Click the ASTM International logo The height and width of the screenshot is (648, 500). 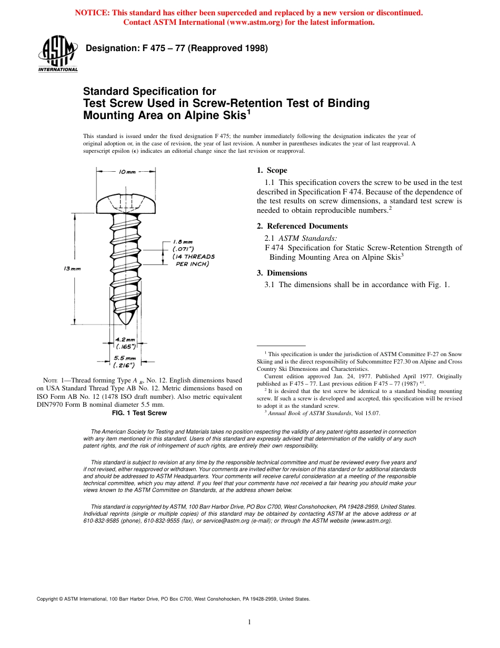pos(57,54)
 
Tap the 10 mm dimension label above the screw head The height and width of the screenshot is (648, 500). pos(127,172)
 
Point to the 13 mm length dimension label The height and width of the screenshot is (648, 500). pos(72,269)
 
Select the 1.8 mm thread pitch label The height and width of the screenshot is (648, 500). pos(183,242)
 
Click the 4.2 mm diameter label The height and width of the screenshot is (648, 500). pos(125,340)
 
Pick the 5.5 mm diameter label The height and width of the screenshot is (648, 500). pos(125,358)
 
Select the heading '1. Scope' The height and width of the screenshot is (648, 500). pos(272,170)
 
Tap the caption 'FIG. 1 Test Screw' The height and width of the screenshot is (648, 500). pos(139,413)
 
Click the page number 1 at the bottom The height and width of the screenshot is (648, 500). pos(249,622)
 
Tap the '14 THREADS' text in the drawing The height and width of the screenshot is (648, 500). pos(194,257)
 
